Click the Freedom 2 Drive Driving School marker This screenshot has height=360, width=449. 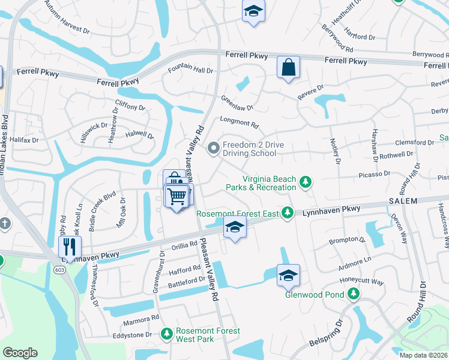[x=212, y=148]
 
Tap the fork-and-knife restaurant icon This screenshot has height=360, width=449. [x=70, y=246]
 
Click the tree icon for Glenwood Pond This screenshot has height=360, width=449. [x=354, y=293]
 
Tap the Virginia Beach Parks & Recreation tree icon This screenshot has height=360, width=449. [x=306, y=181]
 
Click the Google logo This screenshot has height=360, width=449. [x=20, y=352]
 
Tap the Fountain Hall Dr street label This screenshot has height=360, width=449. [x=190, y=70]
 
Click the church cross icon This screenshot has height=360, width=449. [x=4, y=224]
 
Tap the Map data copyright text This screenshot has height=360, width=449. [x=424, y=355]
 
